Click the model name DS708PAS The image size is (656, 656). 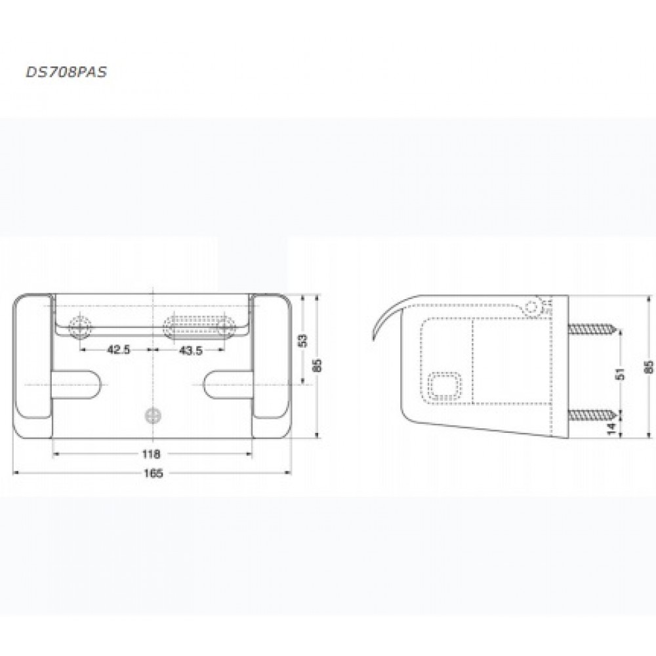tap(66, 72)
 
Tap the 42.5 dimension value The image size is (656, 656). tap(118, 350)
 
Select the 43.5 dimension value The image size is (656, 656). tap(190, 350)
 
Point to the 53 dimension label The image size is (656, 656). tap(303, 340)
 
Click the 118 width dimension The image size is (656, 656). tap(151, 454)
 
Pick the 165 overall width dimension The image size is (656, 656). tap(153, 473)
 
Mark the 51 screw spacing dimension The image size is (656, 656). tap(621, 373)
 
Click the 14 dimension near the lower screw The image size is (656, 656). tap(611, 428)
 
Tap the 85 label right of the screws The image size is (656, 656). tap(649, 367)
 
